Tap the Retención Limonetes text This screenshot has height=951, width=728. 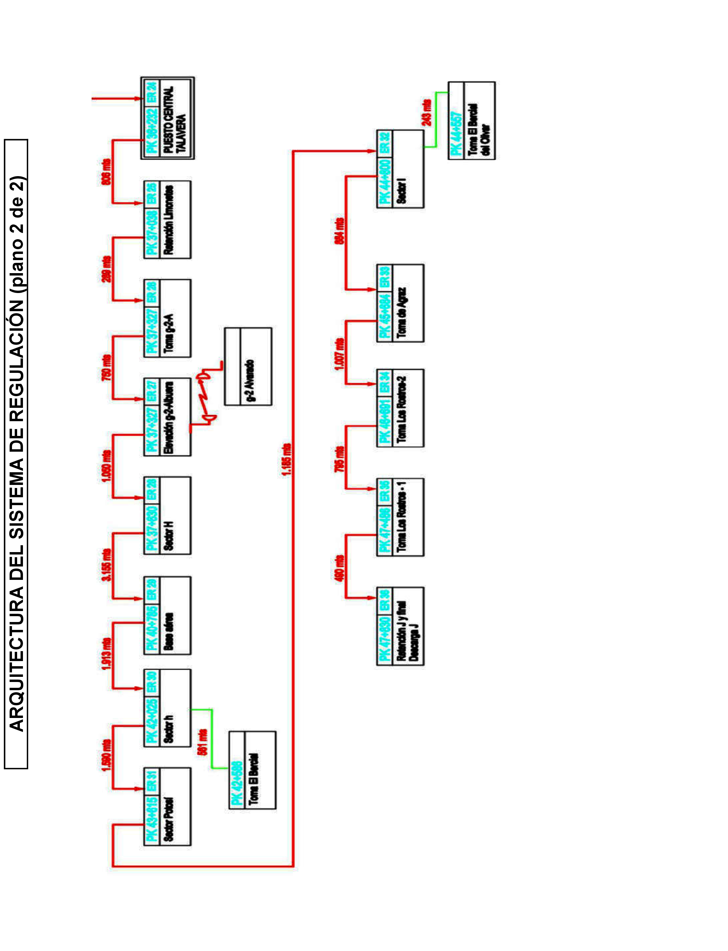[169, 220]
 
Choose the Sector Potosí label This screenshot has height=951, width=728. [169, 819]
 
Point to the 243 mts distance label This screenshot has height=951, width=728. [427, 113]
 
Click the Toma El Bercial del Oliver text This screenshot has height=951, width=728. [479, 129]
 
